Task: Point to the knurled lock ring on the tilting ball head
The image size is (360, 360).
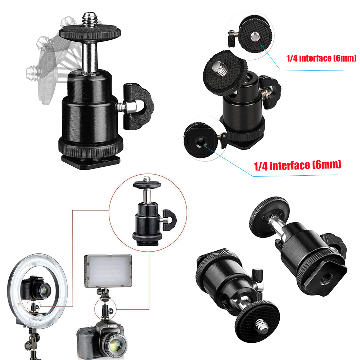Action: pos(90,146)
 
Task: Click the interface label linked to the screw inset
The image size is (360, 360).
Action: pos(321,58)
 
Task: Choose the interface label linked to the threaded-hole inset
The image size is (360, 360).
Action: pos(297,165)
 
